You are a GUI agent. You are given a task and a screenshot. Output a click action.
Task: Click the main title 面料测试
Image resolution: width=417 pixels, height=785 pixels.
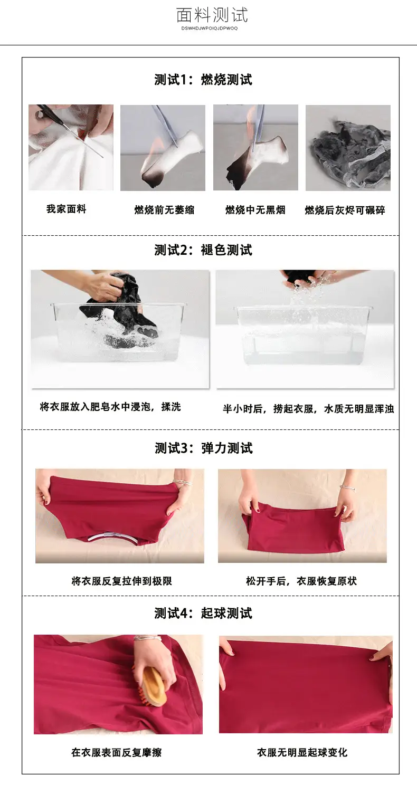pyautogui.click(x=212, y=15)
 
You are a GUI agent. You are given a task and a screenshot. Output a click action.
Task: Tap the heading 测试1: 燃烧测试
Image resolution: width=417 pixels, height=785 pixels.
pyautogui.click(x=203, y=80)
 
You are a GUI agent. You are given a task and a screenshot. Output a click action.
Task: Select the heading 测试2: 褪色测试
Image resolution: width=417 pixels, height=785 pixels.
pyautogui.click(x=203, y=250)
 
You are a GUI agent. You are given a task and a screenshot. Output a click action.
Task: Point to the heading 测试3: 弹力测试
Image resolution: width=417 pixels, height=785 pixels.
pyautogui.click(x=204, y=448)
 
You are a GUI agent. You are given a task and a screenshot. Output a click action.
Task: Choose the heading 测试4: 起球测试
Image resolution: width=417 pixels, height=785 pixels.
pyautogui.click(x=203, y=613)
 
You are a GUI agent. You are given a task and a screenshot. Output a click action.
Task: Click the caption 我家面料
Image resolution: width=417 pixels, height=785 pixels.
pyautogui.click(x=67, y=209)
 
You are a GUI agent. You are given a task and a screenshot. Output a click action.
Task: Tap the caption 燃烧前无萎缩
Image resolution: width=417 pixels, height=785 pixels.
pyautogui.click(x=164, y=210)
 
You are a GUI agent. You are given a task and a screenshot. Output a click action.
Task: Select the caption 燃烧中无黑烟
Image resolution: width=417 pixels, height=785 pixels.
pyautogui.click(x=255, y=210)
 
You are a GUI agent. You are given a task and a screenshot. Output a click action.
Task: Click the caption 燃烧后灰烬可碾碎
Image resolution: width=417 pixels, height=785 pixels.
pyautogui.click(x=345, y=210)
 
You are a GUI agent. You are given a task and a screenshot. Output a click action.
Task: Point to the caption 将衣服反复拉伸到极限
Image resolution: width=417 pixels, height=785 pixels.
pyautogui.click(x=122, y=581)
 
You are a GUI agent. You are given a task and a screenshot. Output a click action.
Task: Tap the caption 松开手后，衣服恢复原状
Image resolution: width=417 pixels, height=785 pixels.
pyautogui.click(x=301, y=581)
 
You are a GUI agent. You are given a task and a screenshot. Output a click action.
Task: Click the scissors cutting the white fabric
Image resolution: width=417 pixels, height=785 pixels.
pyautogui.click(x=67, y=129)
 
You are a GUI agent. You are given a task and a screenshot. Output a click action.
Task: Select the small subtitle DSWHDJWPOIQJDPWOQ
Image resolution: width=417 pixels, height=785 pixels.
pyautogui.click(x=210, y=28)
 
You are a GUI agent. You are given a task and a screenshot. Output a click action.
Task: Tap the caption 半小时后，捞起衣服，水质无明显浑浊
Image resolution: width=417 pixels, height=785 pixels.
pyautogui.click(x=308, y=409)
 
